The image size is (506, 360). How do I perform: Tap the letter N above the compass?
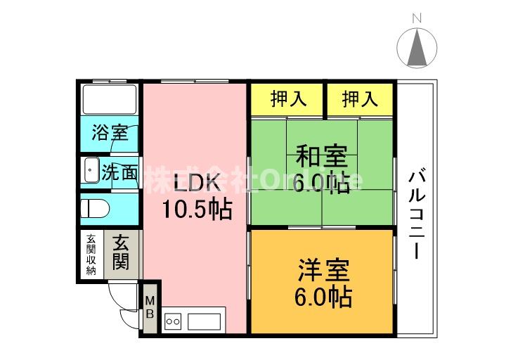pos(417,18)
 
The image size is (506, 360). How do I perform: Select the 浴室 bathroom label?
pos(110,133)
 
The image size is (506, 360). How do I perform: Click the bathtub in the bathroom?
pos(110,99)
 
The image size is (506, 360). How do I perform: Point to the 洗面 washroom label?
pos(119,172)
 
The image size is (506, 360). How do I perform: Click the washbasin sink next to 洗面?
pos(90,171)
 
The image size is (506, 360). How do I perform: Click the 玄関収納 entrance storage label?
pos(91,255)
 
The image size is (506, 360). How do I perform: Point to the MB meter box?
pos(150,307)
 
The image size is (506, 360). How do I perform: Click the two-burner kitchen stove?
pos(172,322)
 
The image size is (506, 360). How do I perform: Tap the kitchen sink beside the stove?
pos(204,322)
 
